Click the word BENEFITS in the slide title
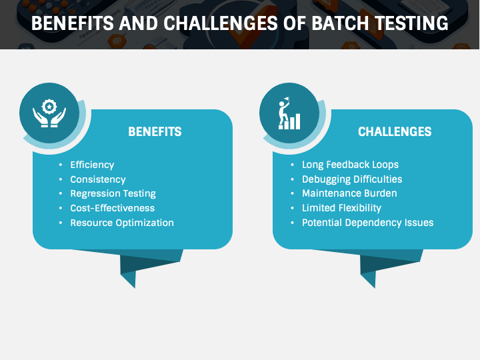(71, 24)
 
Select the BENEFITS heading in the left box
(155, 132)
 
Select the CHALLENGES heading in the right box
(395, 132)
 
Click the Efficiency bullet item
(92, 165)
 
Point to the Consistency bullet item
(98, 179)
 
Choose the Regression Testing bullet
(113, 194)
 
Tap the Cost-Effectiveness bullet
(112, 208)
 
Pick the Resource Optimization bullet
(122, 223)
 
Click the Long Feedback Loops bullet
(350, 165)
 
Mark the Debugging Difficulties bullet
(352, 179)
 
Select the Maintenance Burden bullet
(349, 194)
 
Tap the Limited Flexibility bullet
(341, 208)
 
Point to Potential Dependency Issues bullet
(367, 223)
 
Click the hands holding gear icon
(49, 113)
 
